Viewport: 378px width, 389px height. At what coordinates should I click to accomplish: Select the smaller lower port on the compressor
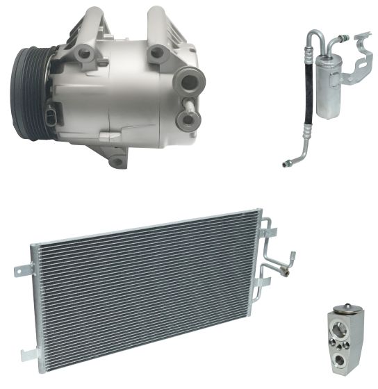[186, 118]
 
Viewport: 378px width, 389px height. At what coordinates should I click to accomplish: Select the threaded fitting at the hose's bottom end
[286, 163]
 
